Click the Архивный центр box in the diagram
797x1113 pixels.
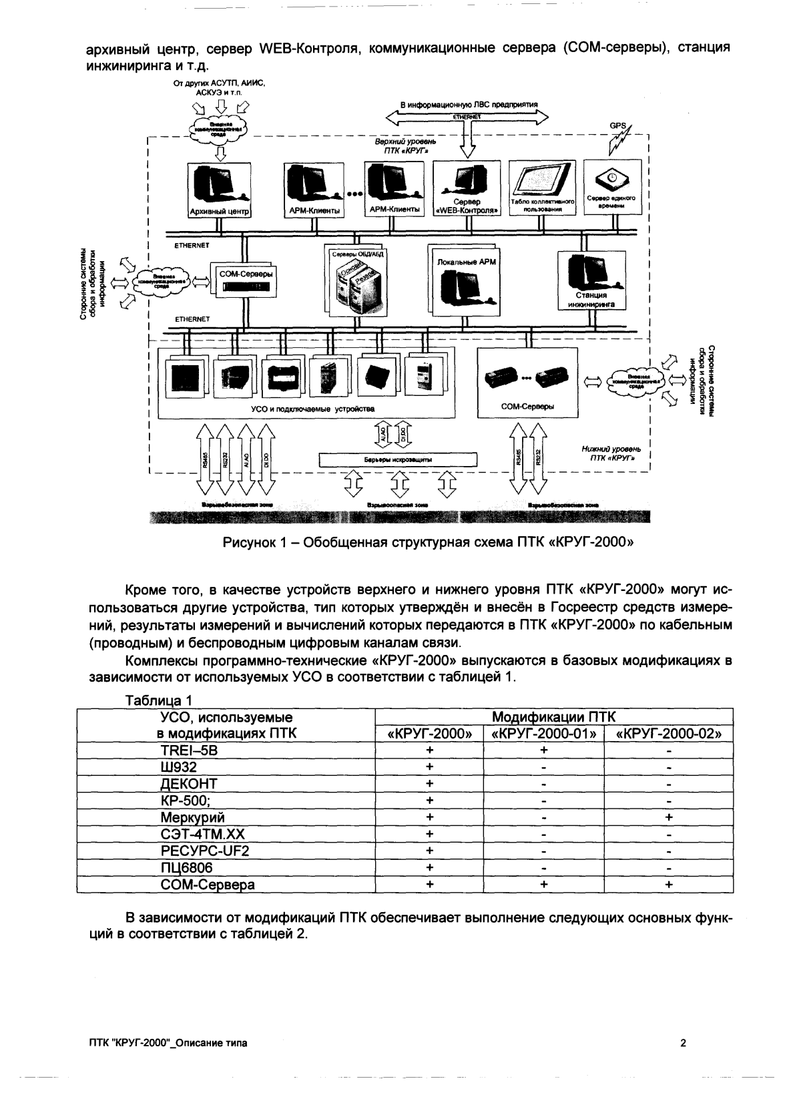pos(218,190)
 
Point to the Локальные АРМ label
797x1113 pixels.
pos(467,262)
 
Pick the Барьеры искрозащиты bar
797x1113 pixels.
pos(398,459)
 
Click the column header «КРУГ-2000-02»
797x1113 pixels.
pos(669,733)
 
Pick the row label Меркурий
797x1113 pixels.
pos(192,817)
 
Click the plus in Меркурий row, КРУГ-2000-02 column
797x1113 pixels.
pos(669,817)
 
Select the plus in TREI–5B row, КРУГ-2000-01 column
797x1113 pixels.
pos(544,750)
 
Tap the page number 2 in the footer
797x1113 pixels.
pos(683,1044)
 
